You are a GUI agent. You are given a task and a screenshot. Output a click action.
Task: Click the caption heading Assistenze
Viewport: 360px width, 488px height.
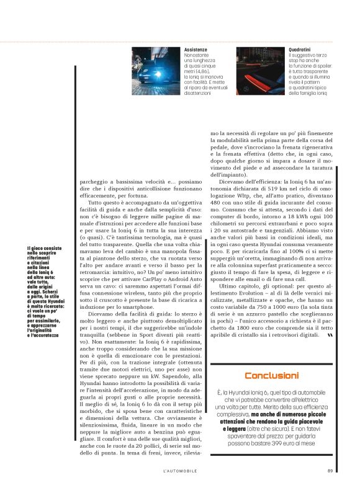point(197,49)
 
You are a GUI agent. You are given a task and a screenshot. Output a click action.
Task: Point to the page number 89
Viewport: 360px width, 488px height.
point(330,469)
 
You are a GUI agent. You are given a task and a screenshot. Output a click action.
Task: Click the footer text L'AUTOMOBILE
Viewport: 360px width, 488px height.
point(180,469)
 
